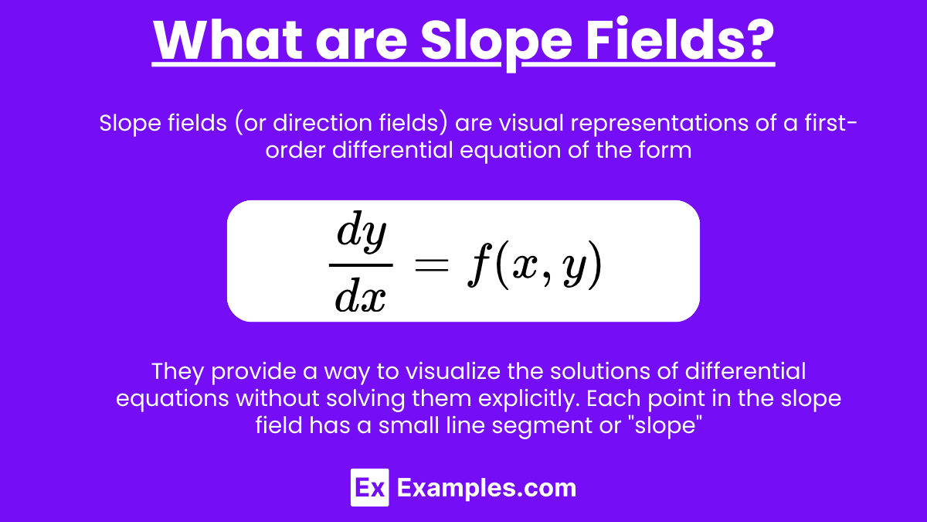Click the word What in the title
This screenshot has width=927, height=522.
point(228,40)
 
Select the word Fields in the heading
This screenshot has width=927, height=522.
point(660,39)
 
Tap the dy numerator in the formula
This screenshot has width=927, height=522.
point(362,232)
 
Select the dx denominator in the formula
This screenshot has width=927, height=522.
point(361,295)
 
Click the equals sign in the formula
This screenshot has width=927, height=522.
point(432,264)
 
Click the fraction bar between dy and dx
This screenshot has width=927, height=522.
point(361,265)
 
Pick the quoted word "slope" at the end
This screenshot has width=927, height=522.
point(665,426)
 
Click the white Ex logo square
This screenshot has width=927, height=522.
point(369,488)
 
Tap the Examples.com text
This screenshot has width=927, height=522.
point(487,489)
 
